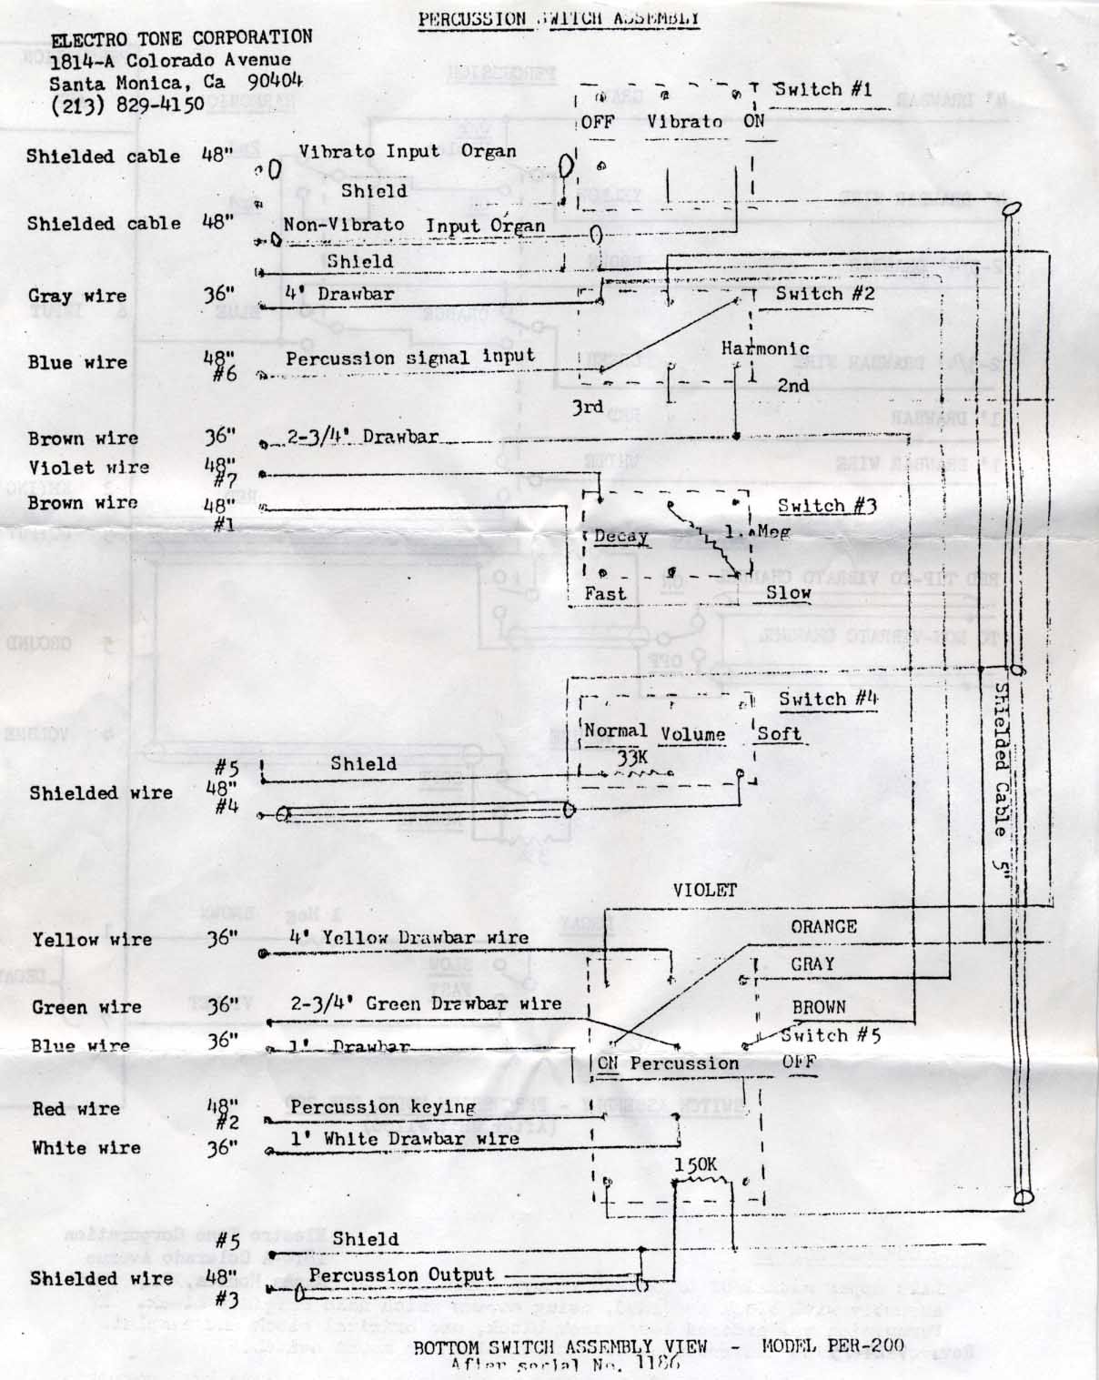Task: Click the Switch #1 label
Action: click(822, 89)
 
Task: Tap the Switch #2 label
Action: click(824, 294)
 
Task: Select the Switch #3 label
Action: click(826, 506)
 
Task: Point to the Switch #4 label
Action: click(828, 700)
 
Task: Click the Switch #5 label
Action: click(830, 1035)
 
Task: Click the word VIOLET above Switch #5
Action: click(704, 890)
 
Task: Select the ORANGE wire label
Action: click(823, 927)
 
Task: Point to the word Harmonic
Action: click(764, 348)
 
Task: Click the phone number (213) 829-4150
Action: click(127, 105)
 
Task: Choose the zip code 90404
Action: click(275, 80)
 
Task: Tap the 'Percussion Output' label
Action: click(400, 1274)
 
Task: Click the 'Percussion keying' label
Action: click(383, 1107)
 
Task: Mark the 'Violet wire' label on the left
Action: click(88, 468)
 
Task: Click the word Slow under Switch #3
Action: click(788, 593)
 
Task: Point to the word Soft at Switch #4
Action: click(779, 734)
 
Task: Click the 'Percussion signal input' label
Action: click(410, 358)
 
